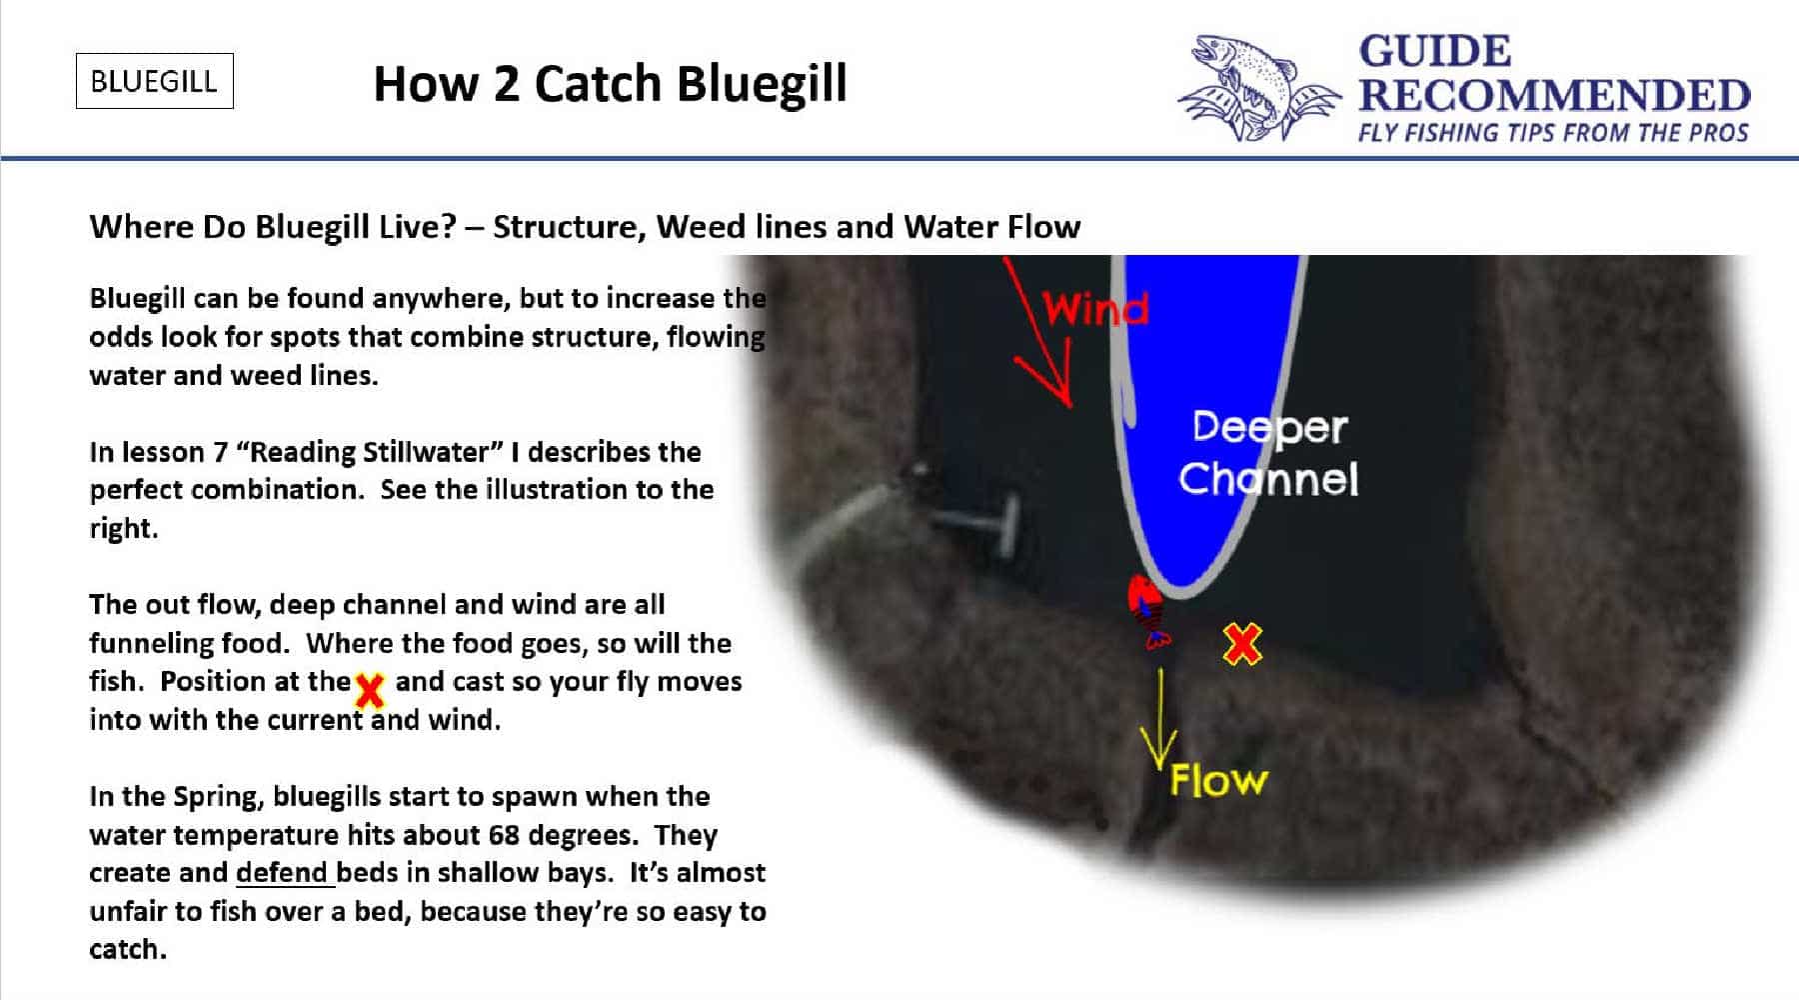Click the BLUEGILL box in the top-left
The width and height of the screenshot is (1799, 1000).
click(x=154, y=81)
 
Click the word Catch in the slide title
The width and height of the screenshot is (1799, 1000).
click(x=600, y=84)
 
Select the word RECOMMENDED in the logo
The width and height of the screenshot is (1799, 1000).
click(x=1553, y=96)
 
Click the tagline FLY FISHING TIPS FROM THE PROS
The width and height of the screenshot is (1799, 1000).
click(x=1552, y=133)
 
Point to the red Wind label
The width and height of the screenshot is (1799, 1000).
click(x=1095, y=309)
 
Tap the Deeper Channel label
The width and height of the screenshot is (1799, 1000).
click(x=1268, y=453)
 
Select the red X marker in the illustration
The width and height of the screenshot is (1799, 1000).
click(x=1242, y=644)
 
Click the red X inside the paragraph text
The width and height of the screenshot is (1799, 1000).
click(x=370, y=688)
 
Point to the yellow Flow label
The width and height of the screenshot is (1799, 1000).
click(x=1218, y=780)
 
